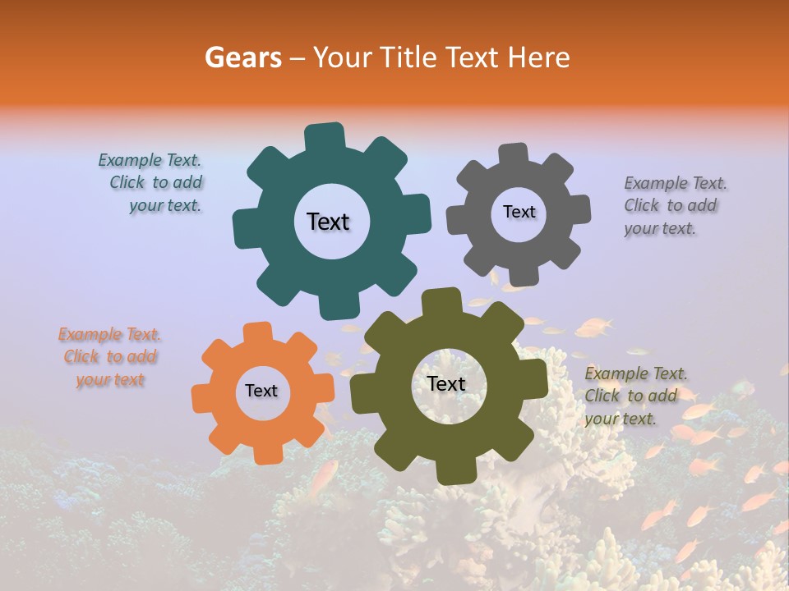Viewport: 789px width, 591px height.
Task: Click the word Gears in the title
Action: point(242,57)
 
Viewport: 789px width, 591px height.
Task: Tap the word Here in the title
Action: point(538,57)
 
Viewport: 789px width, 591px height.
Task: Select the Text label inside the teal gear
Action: point(328,222)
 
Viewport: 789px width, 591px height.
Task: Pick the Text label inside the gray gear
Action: point(519,212)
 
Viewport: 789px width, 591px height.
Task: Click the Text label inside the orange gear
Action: point(261,392)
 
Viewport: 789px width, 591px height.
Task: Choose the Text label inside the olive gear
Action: point(446,383)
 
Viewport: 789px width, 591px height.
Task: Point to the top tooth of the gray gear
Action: point(513,155)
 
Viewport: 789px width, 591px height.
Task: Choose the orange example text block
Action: point(110,357)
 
